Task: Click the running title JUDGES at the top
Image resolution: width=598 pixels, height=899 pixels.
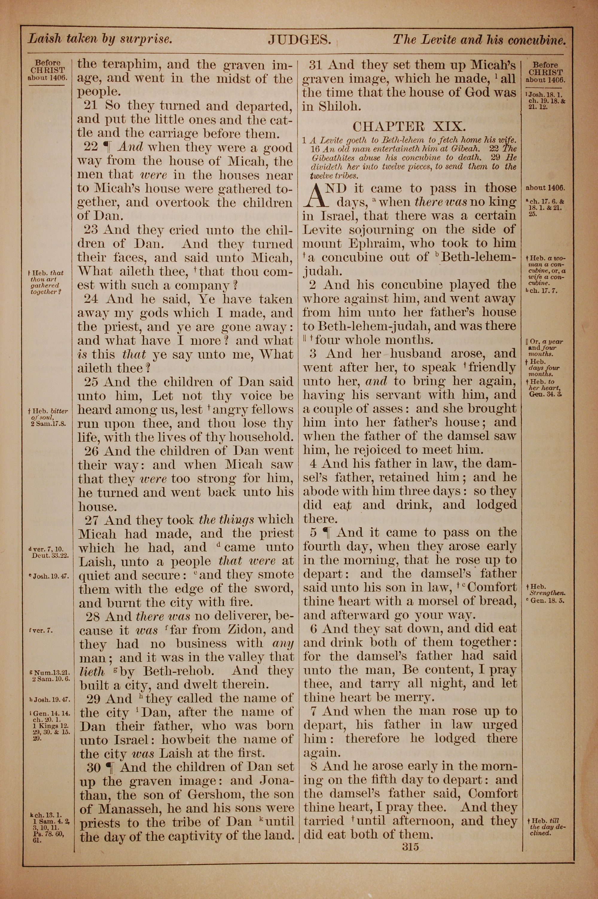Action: pos(299,40)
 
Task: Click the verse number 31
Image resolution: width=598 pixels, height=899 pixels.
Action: pos(316,65)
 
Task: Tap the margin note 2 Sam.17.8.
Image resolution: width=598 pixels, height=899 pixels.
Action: pos(50,423)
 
